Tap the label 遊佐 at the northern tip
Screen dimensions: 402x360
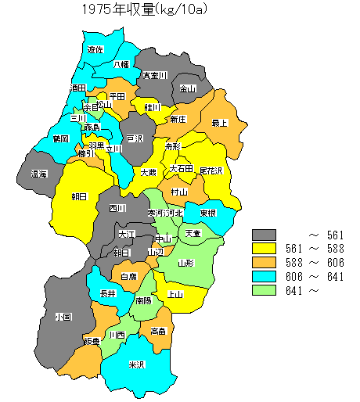pos(95,49)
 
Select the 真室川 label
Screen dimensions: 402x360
pos(154,75)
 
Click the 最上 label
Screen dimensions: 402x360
pos(220,122)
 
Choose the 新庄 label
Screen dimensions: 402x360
pos(178,119)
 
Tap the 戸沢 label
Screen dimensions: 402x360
pos(135,138)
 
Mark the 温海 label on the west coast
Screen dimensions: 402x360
pos(39,174)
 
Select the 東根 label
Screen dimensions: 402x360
pos(207,213)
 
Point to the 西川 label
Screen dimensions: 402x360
pos(117,208)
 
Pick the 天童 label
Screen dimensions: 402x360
pos(192,233)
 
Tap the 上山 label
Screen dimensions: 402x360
pos(175,294)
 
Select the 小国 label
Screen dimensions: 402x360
pos(63,318)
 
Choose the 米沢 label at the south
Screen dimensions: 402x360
pos(136,364)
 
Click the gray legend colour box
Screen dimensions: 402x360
pos(265,234)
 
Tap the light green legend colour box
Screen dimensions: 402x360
pos(265,290)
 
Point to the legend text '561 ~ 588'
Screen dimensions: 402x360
pos(308,249)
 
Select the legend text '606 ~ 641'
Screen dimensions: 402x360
pos(308,277)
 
